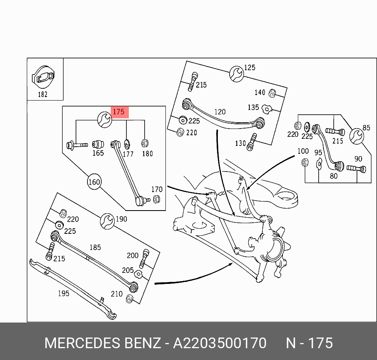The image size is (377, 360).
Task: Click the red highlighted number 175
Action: (x=119, y=112)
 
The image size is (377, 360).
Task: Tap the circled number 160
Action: (x=94, y=182)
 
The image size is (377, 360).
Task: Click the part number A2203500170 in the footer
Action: (x=220, y=343)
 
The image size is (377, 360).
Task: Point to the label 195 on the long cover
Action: (x=63, y=293)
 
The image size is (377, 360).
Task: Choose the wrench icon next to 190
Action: (x=107, y=221)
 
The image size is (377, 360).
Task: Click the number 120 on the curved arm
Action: (x=220, y=112)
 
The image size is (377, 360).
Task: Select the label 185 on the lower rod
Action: (x=95, y=248)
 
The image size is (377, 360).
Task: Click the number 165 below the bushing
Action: (x=98, y=153)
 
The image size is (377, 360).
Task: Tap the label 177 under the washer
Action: (x=128, y=154)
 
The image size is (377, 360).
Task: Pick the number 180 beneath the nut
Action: (x=147, y=153)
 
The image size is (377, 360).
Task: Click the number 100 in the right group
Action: (x=303, y=151)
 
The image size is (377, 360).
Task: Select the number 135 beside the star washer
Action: (x=253, y=107)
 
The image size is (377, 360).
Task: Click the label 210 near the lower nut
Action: (x=116, y=293)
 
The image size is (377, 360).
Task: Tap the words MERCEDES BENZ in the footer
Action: (x=102, y=343)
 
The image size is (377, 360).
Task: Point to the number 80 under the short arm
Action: (x=334, y=176)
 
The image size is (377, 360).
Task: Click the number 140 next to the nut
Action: (x=260, y=93)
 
